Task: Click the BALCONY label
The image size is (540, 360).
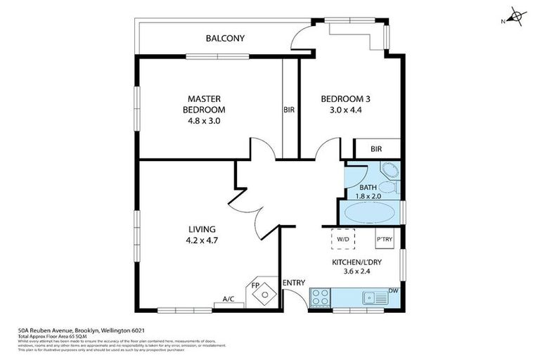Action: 225,39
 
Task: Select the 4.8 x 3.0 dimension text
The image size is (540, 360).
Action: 204,121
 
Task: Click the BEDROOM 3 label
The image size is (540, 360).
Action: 345,98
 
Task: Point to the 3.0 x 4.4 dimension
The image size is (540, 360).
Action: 345,110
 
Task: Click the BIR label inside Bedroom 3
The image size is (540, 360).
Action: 375,150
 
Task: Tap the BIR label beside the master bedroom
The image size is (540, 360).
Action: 288,110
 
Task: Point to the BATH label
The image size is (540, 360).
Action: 368,188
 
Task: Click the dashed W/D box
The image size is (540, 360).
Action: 343,240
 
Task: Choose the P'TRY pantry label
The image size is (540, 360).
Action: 385,239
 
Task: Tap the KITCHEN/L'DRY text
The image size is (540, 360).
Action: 356,263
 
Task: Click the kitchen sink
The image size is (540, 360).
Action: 374,298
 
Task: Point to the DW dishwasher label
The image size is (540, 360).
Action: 394,290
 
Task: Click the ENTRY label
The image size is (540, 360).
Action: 294,283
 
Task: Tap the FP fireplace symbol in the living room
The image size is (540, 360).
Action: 262,292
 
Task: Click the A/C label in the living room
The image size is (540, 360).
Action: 229,300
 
